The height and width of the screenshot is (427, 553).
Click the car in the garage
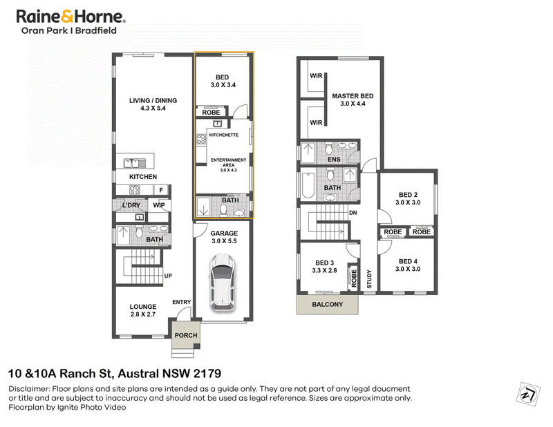click(x=222, y=283)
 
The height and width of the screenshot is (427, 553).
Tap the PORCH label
click(x=186, y=335)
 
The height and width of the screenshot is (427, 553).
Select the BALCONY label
click(x=327, y=304)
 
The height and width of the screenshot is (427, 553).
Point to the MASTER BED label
click(x=353, y=96)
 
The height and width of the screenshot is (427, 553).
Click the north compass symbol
click(x=528, y=394)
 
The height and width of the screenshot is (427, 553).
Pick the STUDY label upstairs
click(x=369, y=279)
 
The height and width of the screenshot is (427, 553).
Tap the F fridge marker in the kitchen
click(x=161, y=191)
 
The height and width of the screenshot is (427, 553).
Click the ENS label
click(x=334, y=160)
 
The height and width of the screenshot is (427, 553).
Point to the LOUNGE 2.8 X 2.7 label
click(x=143, y=310)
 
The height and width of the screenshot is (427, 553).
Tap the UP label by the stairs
click(x=168, y=276)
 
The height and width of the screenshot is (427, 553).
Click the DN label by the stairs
click(x=353, y=213)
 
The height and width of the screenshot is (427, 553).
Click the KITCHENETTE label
click(x=223, y=135)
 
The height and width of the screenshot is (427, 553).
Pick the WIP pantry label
click(x=159, y=205)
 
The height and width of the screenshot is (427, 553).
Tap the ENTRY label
click(x=181, y=302)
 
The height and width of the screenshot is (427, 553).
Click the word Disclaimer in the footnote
click(x=29, y=389)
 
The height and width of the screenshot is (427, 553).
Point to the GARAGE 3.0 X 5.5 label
click(x=224, y=237)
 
